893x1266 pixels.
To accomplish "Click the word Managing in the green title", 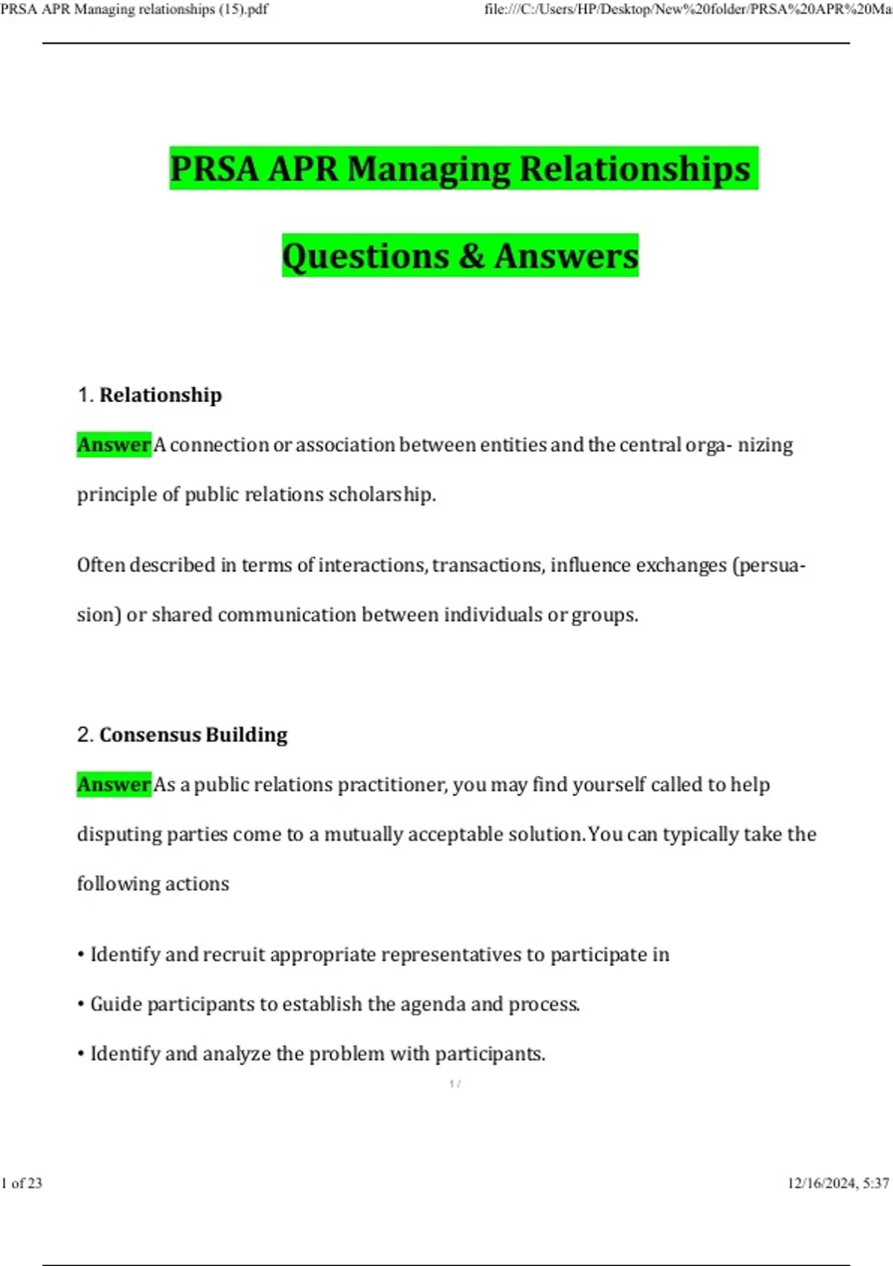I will tap(429, 169).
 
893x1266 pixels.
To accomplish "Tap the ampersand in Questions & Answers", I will tap(471, 256).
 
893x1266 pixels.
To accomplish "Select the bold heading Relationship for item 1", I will tap(161, 395).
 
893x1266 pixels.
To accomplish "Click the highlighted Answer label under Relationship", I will tap(114, 445).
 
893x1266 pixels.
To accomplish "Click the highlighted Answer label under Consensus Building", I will tap(114, 784).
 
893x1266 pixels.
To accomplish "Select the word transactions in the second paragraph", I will tap(487, 565).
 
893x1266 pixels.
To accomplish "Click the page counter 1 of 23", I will tap(22, 1183).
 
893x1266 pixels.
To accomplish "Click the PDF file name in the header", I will tap(135, 10).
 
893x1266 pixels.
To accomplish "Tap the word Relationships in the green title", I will tap(635, 169).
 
